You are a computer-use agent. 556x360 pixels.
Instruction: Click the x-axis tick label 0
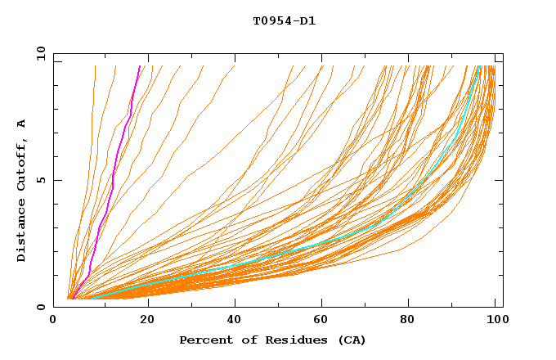tap(53, 322)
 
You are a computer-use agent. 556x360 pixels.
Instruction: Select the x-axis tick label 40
tap(235, 322)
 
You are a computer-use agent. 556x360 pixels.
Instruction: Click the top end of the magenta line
tap(140, 66)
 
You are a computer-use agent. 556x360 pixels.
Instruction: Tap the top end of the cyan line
tap(479, 66)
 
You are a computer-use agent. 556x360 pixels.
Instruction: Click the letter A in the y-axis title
tap(22, 124)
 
